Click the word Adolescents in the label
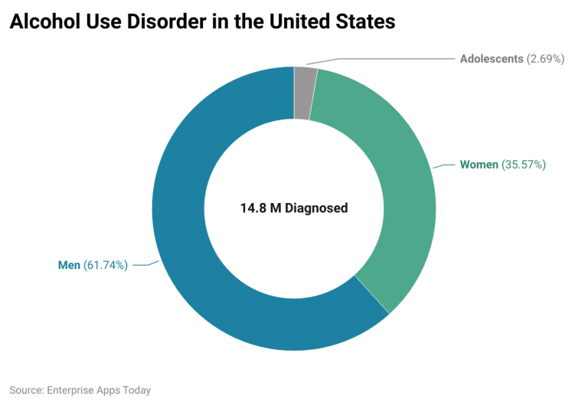(x=492, y=58)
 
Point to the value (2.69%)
(x=546, y=58)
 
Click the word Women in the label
(x=479, y=164)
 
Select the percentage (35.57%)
(x=524, y=164)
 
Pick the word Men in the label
(x=69, y=266)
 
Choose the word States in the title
(x=365, y=22)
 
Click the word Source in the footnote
(x=26, y=390)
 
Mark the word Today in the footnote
(x=136, y=390)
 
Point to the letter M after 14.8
(x=276, y=208)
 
